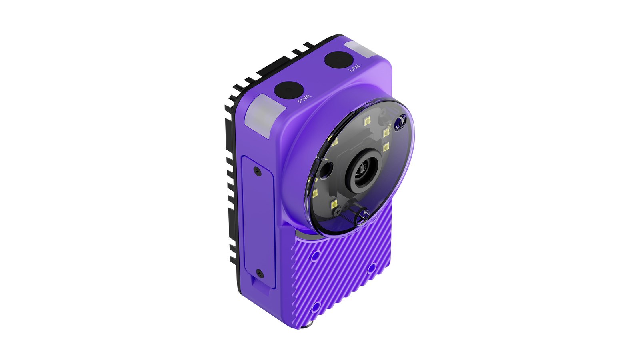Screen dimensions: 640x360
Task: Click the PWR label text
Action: (x=304, y=98)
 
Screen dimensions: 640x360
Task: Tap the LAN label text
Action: (x=354, y=68)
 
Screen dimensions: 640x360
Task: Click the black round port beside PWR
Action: (x=288, y=90)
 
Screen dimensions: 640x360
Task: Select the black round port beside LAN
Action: (x=338, y=60)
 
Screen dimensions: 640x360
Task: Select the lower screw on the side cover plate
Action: (x=260, y=274)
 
